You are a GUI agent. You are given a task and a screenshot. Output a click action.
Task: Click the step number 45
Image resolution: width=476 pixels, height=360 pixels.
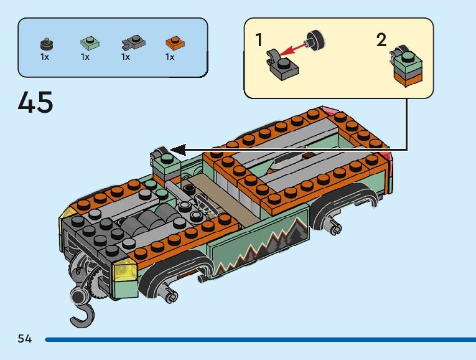click(x=35, y=103)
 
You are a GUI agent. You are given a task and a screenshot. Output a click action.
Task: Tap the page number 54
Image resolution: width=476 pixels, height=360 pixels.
click(x=25, y=339)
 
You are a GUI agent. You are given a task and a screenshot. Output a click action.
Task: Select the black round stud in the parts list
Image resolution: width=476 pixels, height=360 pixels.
click(x=45, y=43)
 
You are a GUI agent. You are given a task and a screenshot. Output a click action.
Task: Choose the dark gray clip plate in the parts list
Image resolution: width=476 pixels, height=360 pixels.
click(x=132, y=43)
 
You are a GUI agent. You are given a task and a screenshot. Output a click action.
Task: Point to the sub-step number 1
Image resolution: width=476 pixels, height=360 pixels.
click(x=259, y=40)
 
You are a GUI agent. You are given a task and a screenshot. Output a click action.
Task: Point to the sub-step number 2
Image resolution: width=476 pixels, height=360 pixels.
click(x=381, y=40)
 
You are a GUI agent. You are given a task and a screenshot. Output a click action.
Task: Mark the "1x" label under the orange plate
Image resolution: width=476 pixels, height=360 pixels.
click(x=170, y=57)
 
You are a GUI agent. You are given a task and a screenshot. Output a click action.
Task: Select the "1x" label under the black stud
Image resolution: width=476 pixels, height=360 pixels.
click(x=45, y=57)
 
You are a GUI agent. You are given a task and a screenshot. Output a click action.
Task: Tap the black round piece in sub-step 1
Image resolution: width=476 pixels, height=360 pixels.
click(x=315, y=39)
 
